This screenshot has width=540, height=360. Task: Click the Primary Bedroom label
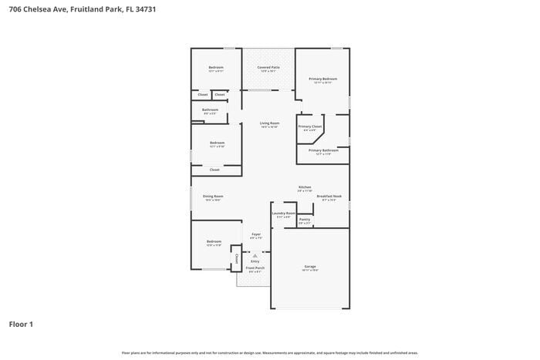coord(323,79)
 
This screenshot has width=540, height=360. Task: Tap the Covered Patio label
coord(268,68)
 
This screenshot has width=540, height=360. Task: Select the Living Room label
coord(269,123)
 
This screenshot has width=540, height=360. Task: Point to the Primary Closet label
coord(310,126)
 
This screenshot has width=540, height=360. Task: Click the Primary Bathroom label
coord(323,150)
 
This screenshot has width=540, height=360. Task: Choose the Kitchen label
coord(305,187)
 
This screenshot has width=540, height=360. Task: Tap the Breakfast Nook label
coord(329,197)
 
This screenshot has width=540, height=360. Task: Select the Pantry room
coord(305,220)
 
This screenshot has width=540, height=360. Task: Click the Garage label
coord(310,267)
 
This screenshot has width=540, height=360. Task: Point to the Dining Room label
coord(213,197)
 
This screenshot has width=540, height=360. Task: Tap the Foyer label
coord(255,234)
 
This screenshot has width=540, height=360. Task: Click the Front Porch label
coord(255,270)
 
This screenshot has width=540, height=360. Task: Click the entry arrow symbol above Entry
coord(255,255)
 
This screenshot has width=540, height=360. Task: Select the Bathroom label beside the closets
coord(211,109)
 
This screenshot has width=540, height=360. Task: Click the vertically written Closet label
coord(237,258)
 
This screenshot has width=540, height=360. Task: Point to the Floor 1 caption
coord(21,324)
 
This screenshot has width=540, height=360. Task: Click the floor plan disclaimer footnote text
coord(269,352)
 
